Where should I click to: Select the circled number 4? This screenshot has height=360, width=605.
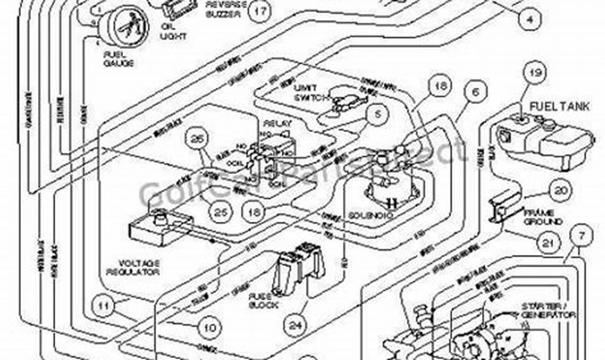point(529,19)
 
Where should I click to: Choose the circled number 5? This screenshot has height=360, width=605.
point(377,114)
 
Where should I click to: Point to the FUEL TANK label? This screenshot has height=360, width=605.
point(560,107)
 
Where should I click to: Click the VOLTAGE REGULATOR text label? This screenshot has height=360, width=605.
point(133,267)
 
